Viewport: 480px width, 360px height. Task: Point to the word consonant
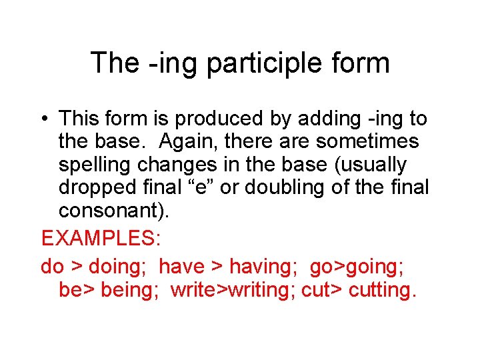108,211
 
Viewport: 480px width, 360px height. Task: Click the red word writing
259,291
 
